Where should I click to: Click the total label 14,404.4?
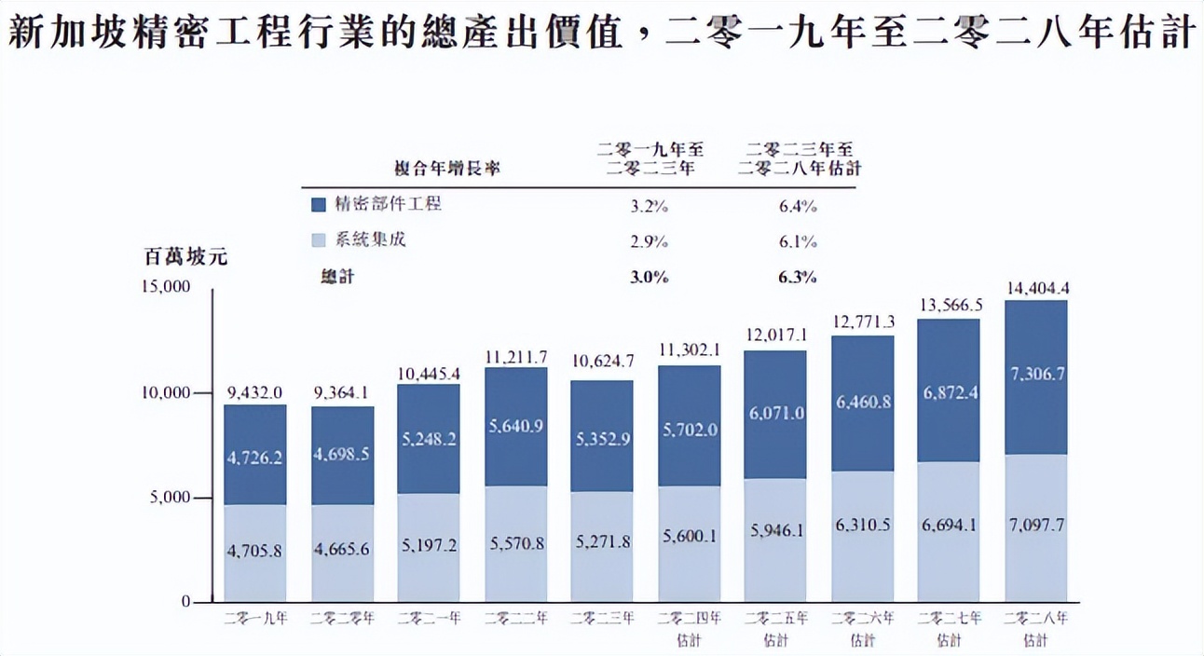coord(1036,289)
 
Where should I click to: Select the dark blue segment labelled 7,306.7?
coord(1036,376)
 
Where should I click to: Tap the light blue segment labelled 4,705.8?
coord(254,553)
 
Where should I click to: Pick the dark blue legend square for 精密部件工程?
coord(319,204)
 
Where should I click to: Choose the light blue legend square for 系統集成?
coord(319,240)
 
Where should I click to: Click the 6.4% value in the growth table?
coord(798,206)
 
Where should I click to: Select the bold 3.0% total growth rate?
coord(649,277)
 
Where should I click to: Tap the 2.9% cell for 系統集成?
coord(649,241)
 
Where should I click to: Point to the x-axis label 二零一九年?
coord(255,618)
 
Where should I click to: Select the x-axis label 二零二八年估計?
coord(1036,628)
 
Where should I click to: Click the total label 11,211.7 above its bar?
coord(515,356)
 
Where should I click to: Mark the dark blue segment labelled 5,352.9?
coord(602,435)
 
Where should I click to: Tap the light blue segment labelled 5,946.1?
coord(775,530)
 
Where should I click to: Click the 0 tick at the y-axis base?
coord(185,602)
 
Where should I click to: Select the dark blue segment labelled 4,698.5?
coord(342,456)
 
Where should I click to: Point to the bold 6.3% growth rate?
coord(798,277)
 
